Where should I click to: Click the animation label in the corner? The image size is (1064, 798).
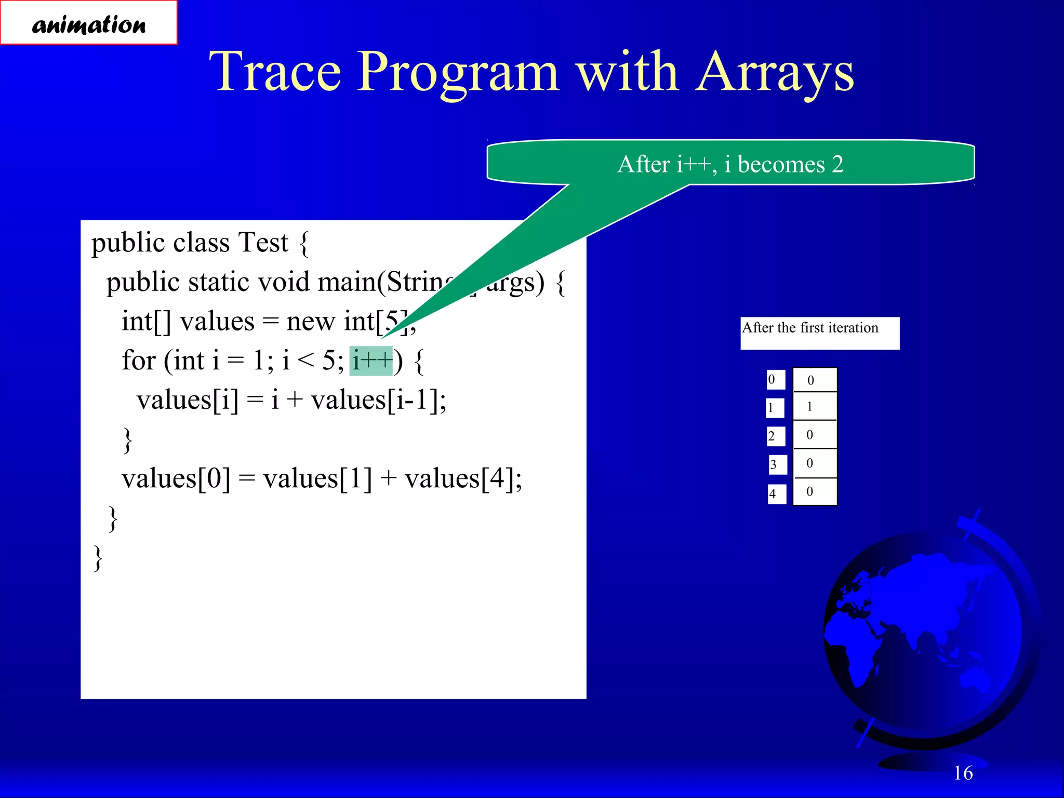tap(88, 23)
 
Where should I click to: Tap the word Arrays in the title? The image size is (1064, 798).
tap(775, 73)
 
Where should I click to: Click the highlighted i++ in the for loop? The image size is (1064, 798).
tap(371, 361)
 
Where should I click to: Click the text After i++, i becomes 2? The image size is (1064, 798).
tap(730, 164)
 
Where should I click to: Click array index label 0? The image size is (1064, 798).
tap(775, 379)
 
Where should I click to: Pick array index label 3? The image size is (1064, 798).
tap(777, 464)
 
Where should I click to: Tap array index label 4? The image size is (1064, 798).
tap(776, 494)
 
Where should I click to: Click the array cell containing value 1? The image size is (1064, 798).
tap(814, 406)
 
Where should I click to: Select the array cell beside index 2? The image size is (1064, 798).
tap(814, 435)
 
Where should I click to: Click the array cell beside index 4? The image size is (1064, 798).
tap(814, 491)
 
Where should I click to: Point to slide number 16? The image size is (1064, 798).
tap(963, 773)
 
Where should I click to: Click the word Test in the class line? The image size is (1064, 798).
tap(262, 243)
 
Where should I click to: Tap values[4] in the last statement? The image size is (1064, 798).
tap(462, 478)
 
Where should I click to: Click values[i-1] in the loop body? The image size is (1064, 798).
tap(378, 400)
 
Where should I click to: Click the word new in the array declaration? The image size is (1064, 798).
tap(310, 321)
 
